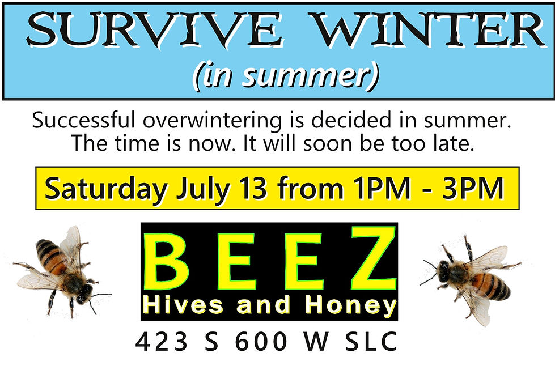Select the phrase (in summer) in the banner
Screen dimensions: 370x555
[285, 76]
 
